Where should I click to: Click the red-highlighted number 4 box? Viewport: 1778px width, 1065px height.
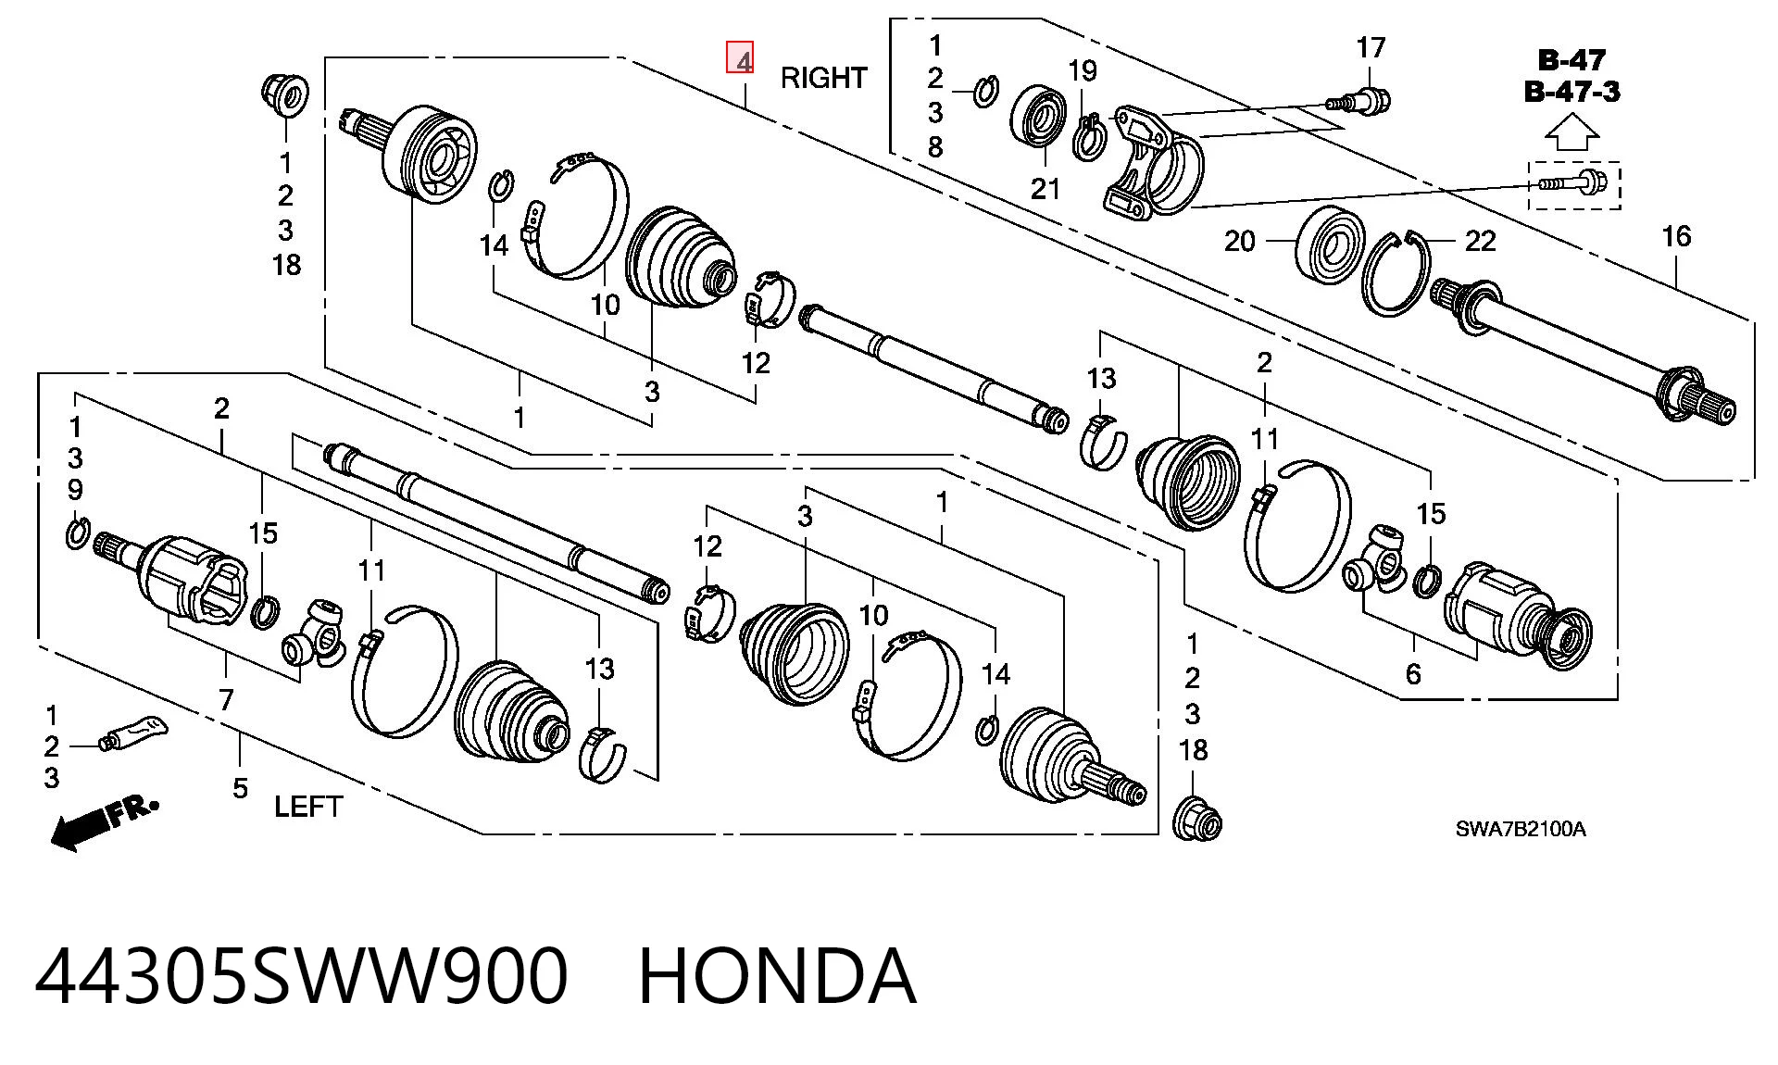tap(740, 57)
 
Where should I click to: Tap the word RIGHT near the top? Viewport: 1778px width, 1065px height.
tap(823, 78)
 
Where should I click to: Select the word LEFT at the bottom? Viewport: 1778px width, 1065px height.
tap(308, 807)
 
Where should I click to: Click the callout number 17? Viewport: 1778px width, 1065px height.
tap(1371, 46)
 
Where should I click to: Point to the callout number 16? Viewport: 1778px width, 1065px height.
tap(1676, 236)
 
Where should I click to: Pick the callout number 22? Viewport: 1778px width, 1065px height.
tap(1480, 241)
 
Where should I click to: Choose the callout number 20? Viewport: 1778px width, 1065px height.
tap(1239, 241)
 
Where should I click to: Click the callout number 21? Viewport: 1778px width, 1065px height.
tap(1045, 189)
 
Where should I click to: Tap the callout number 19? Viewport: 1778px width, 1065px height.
tap(1082, 70)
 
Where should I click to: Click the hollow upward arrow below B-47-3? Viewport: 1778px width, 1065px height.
tap(1571, 132)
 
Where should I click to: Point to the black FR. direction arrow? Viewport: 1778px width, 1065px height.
tap(104, 822)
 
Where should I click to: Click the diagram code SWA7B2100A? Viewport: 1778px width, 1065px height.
tap(1520, 829)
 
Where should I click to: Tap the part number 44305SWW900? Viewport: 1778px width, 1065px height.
tap(302, 976)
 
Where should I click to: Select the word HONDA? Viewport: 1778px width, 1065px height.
tap(778, 976)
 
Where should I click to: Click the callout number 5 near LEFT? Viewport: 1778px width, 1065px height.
tap(240, 789)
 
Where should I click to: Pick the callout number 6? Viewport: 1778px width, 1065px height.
tap(1412, 673)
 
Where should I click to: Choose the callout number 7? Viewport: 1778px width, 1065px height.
tap(226, 700)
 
